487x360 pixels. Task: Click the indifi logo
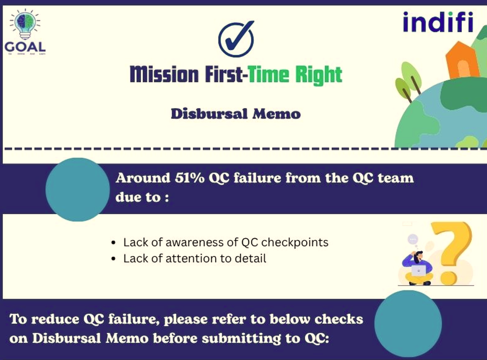[437, 22]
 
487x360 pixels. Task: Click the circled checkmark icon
[236, 39]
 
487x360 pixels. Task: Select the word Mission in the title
[163, 74]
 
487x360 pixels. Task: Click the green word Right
[319, 75]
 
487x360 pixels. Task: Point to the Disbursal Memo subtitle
[235, 114]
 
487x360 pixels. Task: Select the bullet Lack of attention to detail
[195, 258]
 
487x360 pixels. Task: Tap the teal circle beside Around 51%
[78, 189]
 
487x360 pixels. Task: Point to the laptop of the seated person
[419, 270]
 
